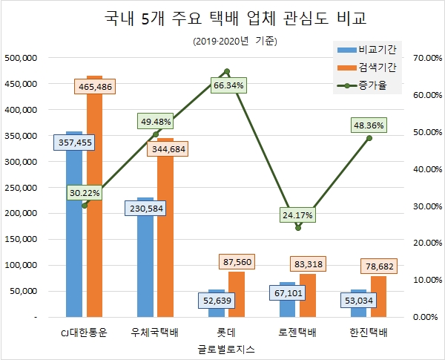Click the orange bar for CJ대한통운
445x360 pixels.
coord(94,223)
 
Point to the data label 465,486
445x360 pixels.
coord(96,87)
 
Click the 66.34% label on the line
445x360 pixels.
coord(228,85)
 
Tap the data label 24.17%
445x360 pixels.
coord(298,216)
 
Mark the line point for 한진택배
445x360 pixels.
coord(369,138)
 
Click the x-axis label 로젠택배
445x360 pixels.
coord(298,332)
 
